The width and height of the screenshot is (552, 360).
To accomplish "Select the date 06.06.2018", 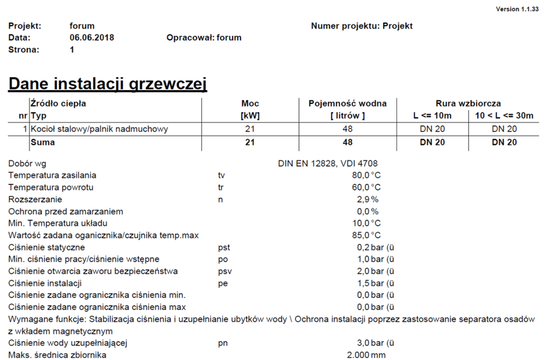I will pyautogui.click(x=92, y=38).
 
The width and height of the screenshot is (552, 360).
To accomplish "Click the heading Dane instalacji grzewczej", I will pyautogui.click(x=108, y=84).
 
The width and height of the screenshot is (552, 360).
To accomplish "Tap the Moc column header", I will pyautogui.click(x=250, y=103).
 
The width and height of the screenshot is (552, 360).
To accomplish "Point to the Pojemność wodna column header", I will pyautogui.click(x=347, y=103).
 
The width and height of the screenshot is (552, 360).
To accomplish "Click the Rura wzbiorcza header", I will pyautogui.click(x=468, y=103).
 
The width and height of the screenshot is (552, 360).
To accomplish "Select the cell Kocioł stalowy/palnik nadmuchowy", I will pyautogui.click(x=99, y=129).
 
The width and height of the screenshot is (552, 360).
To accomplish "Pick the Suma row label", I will pyautogui.click(x=43, y=142).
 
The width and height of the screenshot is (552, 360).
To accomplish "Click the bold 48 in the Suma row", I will pyautogui.click(x=347, y=142).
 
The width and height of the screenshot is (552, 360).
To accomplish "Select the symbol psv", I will pyautogui.click(x=224, y=272).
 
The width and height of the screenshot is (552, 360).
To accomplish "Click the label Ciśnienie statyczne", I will pyautogui.click(x=46, y=247).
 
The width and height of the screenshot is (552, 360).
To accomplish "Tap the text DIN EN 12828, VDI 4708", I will pyautogui.click(x=328, y=163).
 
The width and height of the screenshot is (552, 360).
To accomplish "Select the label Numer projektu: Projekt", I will pyautogui.click(x=362, y=26).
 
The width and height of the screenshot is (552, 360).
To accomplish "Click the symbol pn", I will pyautogui.click(x=223, y=343).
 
